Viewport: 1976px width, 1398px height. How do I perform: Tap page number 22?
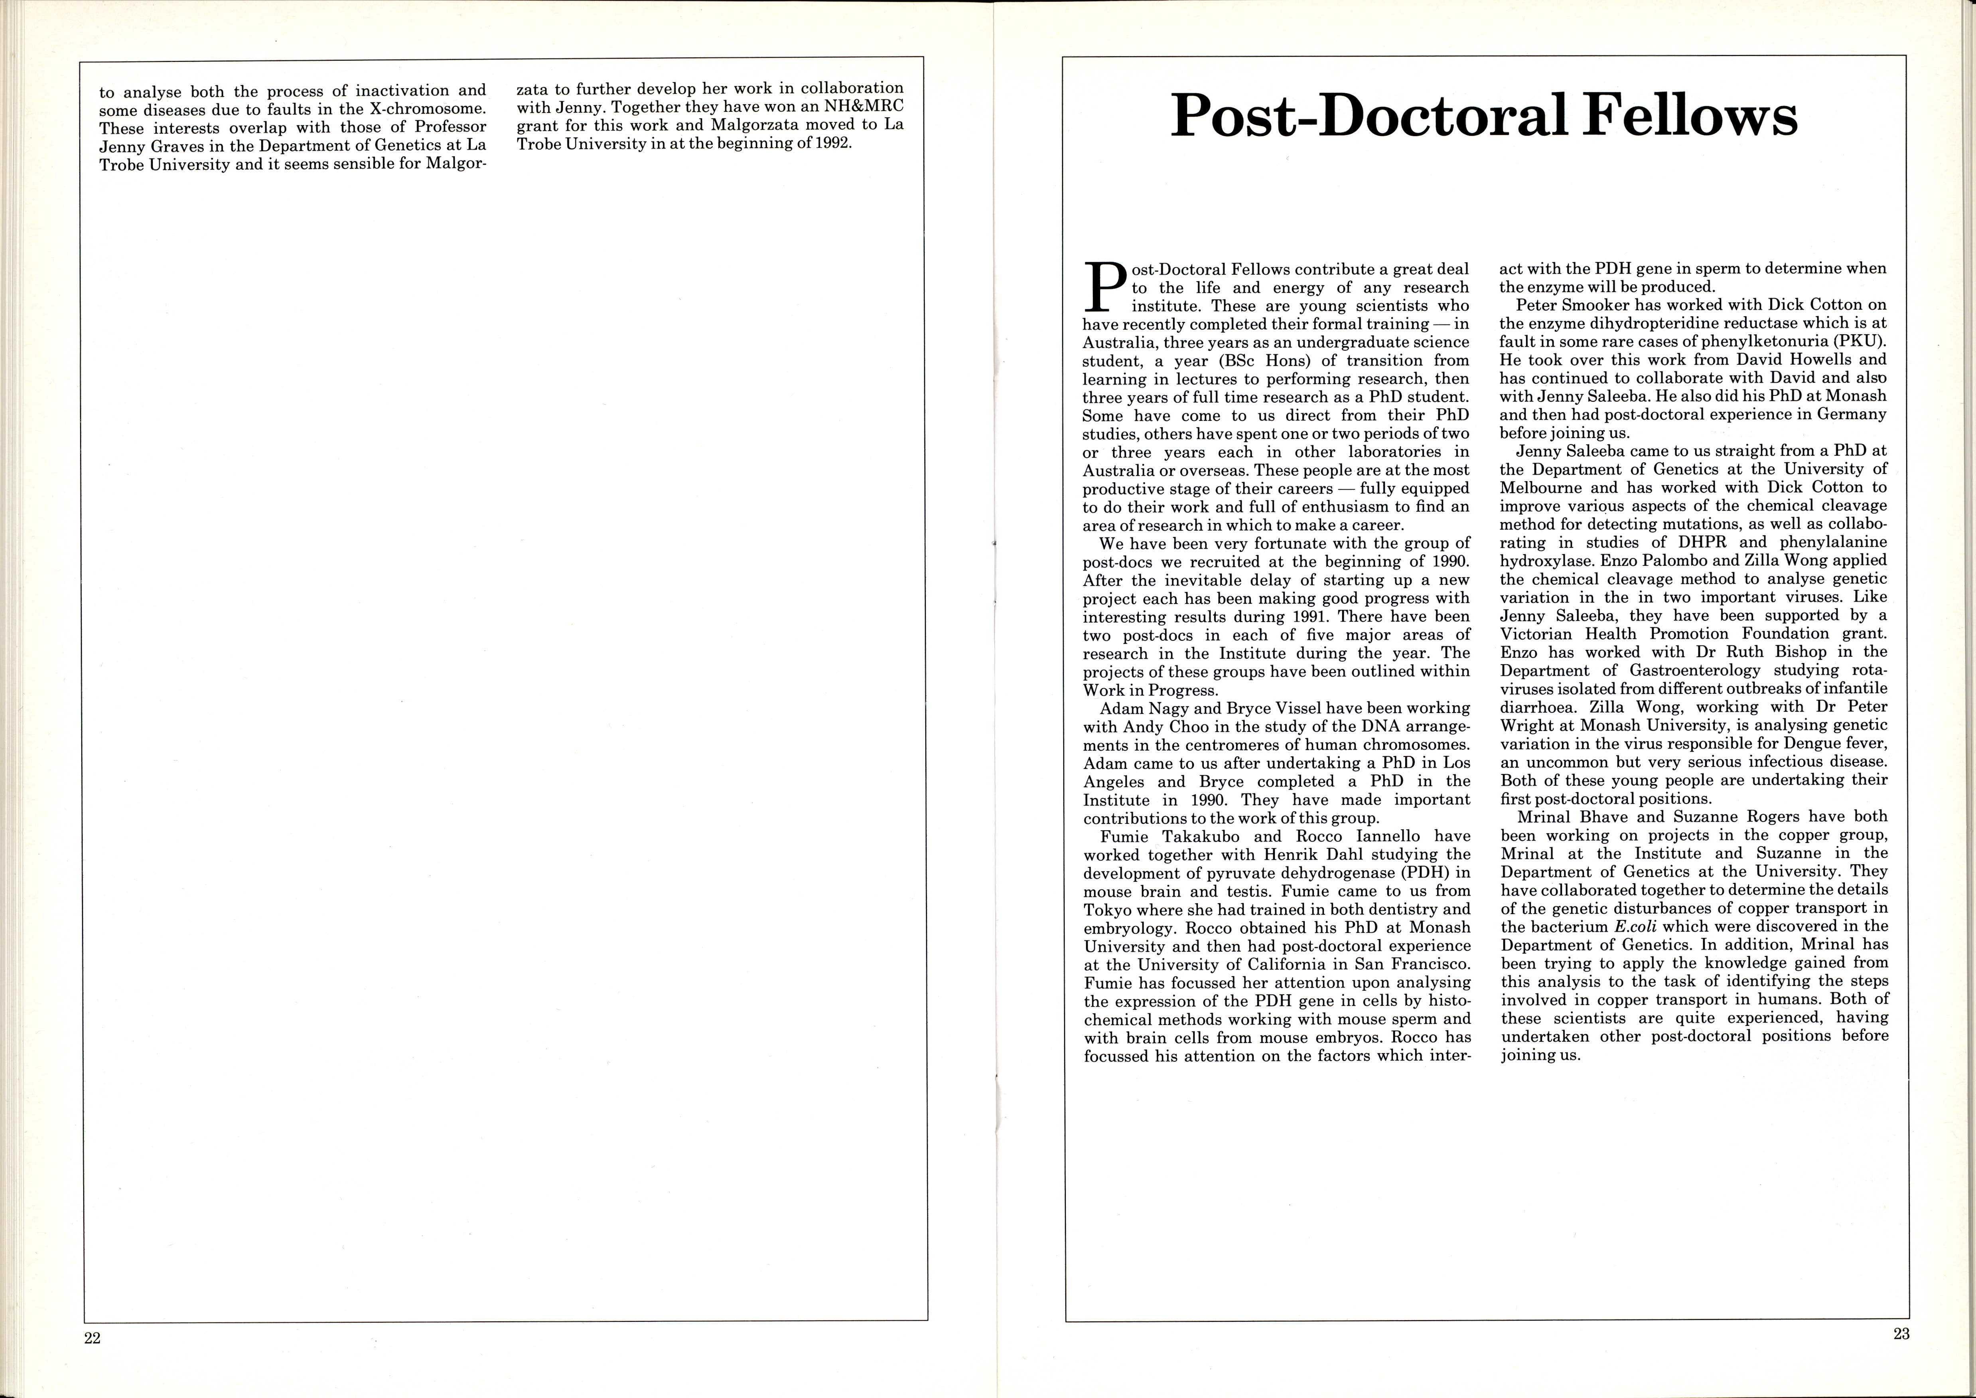[92, 1338]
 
